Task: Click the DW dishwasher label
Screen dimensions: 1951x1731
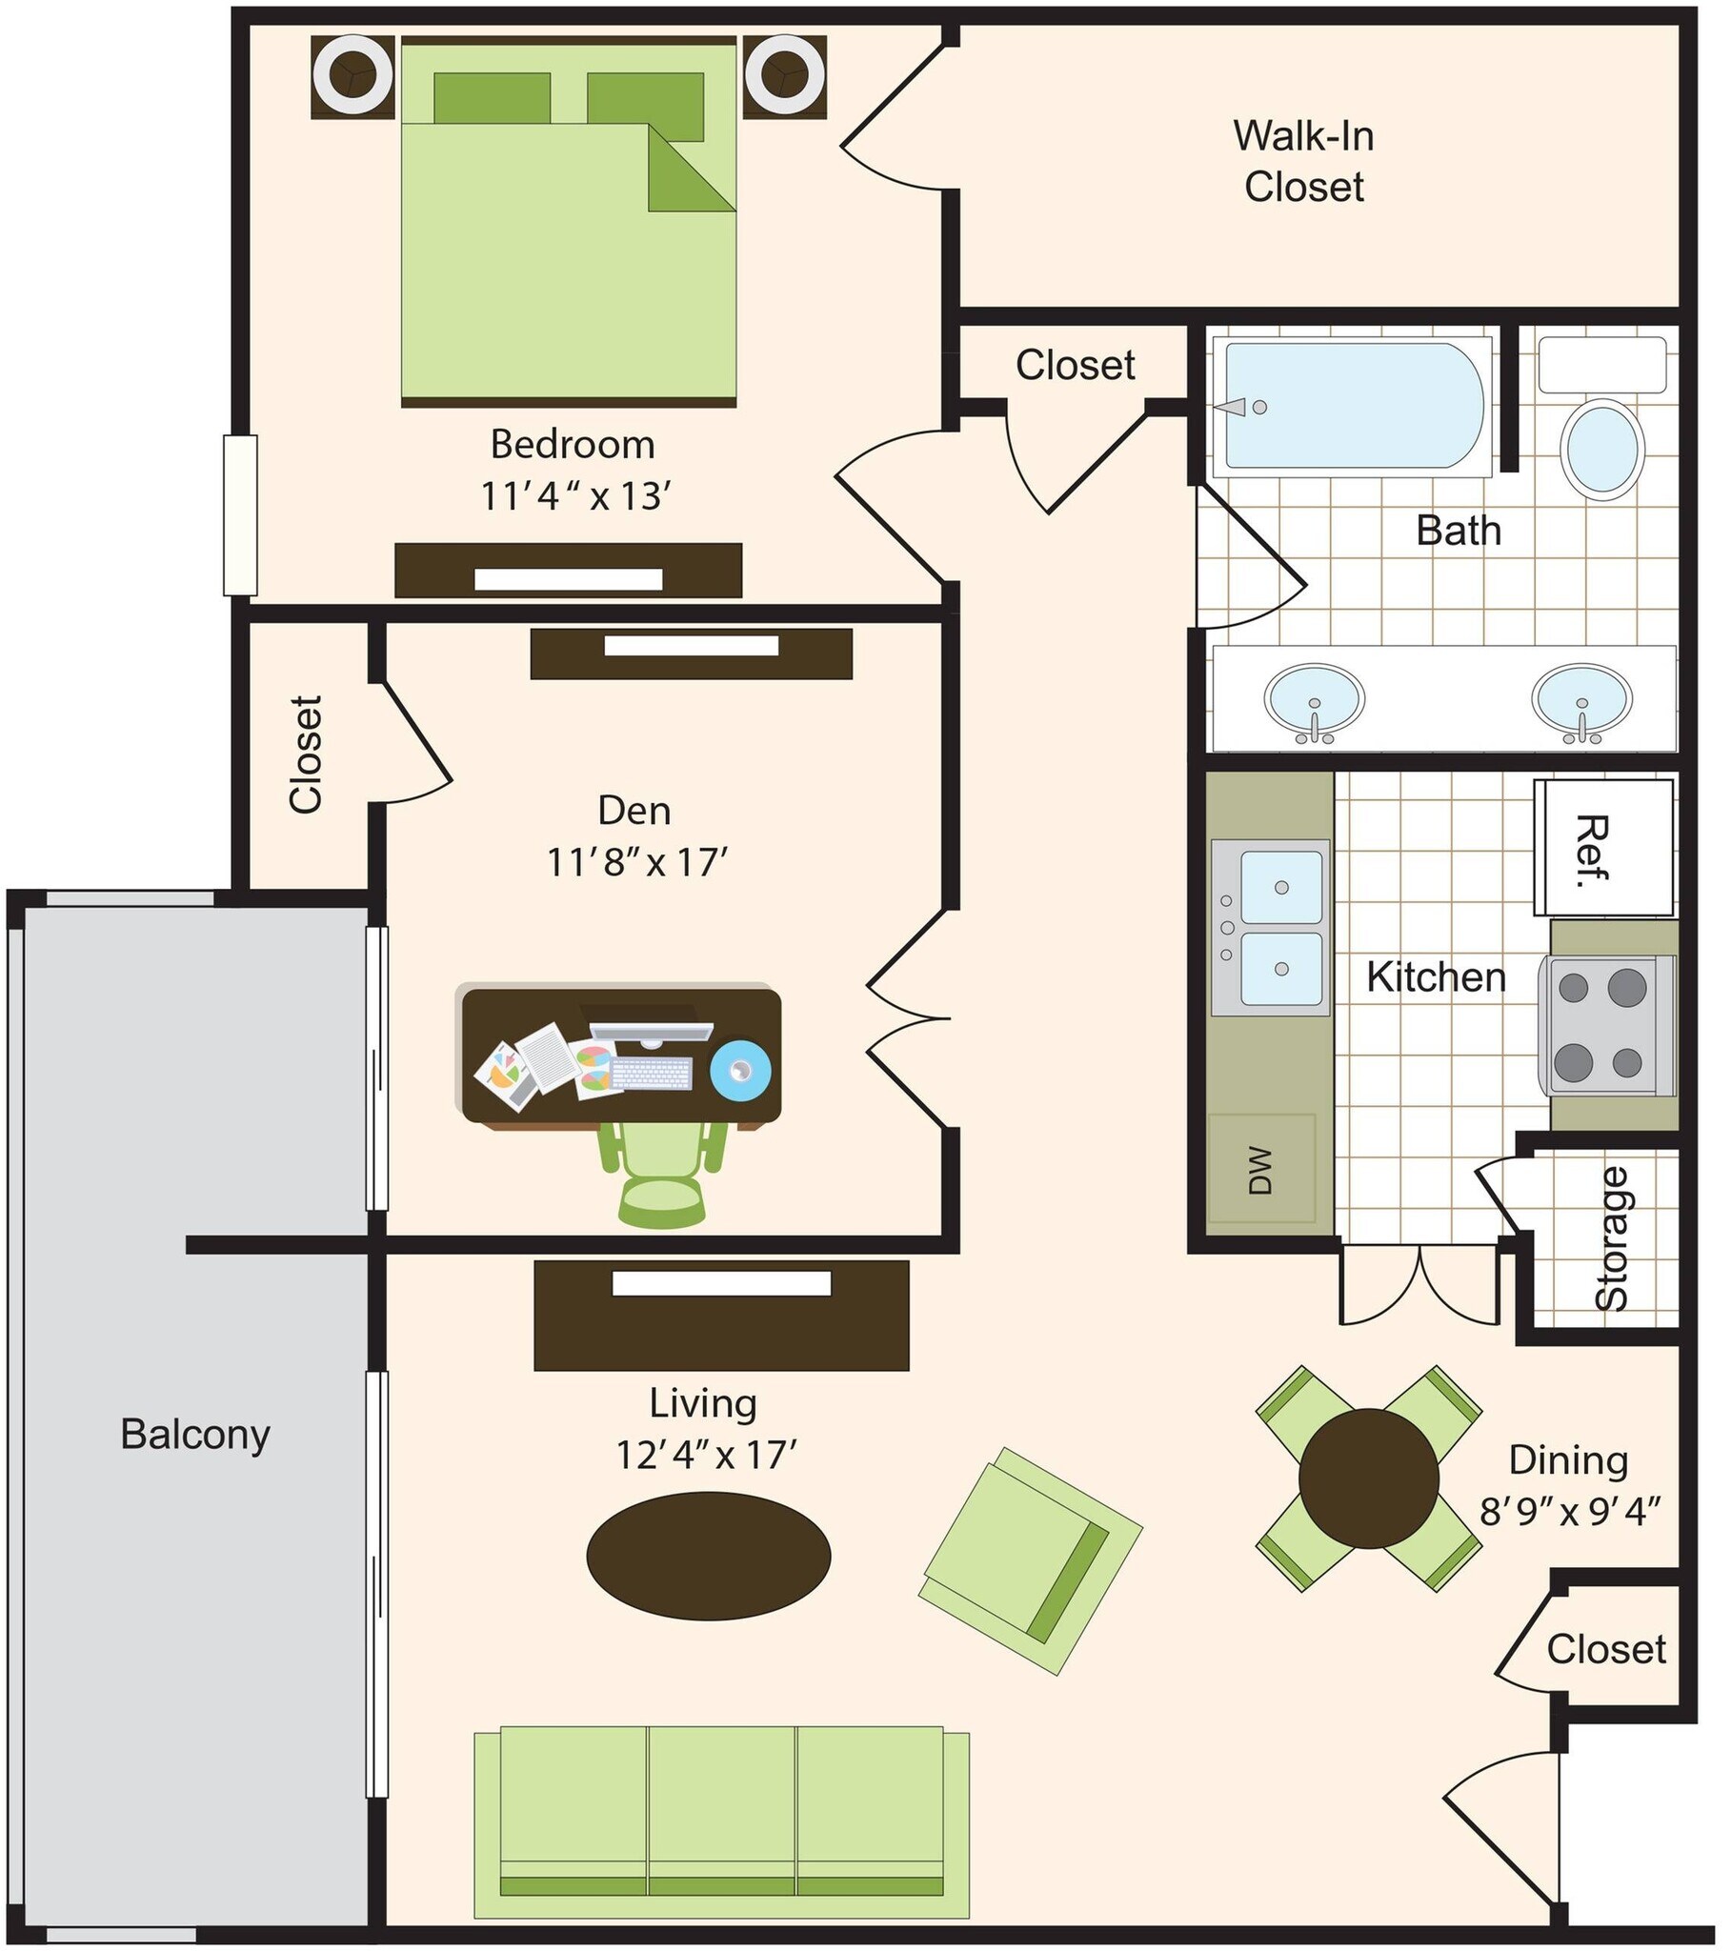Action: tap(1261, 1170)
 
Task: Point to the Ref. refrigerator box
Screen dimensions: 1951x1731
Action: tap(1603, 849)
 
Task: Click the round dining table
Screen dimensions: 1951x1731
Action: tap(1368, 1478)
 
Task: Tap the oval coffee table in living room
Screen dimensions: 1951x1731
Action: tap(708, 1557)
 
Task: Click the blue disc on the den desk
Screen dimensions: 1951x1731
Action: tap(740, 1070)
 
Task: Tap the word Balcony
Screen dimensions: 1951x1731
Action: tap(195, 1435)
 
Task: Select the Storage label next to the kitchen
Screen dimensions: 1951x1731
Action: tap(1612, 1239)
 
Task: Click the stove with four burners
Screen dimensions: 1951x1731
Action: tap(1608, 1024)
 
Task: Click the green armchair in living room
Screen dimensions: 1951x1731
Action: tap(1030, 1559)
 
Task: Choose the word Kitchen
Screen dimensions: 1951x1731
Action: tap(1436, 977)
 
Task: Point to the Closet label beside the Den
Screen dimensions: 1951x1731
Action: tap(306, 754)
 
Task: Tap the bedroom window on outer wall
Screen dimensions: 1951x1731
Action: tap(241, 515)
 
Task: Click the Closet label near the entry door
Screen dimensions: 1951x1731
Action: tap(1606, 1648)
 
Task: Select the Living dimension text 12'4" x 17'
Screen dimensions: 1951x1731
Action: tap(707, 1455)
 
